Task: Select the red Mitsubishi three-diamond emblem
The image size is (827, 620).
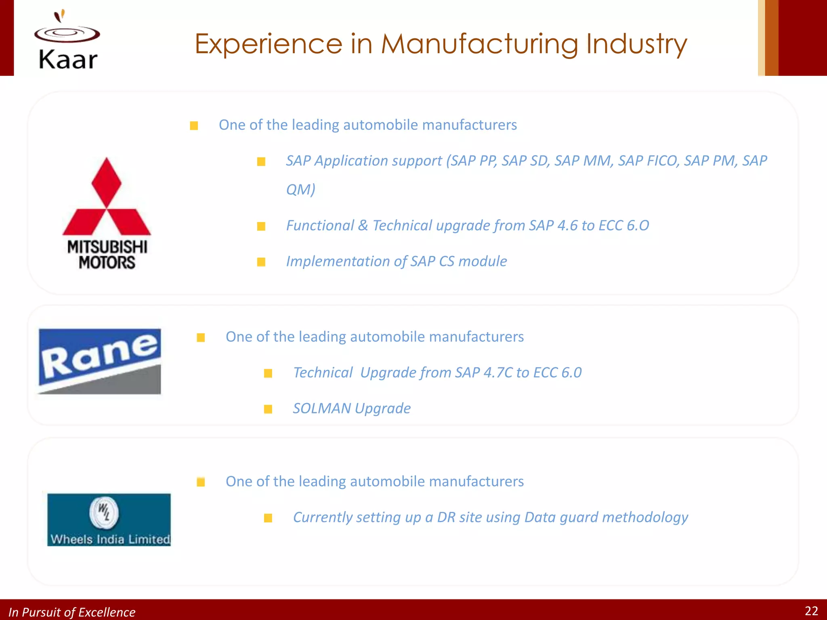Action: click(107, 198)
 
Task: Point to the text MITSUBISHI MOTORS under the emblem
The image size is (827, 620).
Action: click(107, 255)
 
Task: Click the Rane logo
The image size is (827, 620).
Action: click(100, 361)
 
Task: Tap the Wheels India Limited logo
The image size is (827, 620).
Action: click(109, 520)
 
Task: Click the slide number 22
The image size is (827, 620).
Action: click(811, 611)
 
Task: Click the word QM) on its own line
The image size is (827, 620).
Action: click(300, 190)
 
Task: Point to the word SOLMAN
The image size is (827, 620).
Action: click(322, 408)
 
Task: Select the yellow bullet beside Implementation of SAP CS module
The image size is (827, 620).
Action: click(261, 262)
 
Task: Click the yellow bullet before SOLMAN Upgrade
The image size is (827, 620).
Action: click(268, 410)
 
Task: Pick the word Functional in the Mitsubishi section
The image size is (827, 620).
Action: click(320, 226)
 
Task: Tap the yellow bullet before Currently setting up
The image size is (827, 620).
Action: click(268, 518)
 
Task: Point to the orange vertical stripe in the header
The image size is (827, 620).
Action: click(771, 38)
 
